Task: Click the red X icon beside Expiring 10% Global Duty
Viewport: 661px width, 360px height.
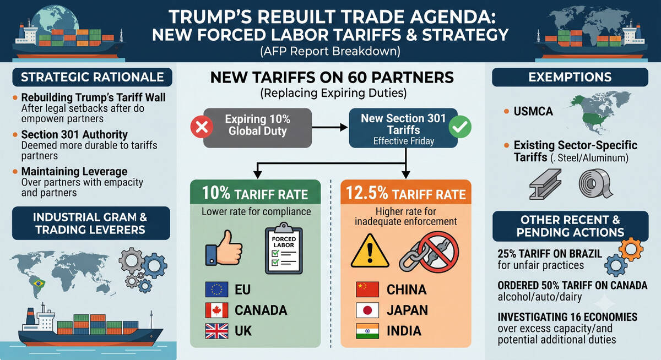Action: tap(202, 127)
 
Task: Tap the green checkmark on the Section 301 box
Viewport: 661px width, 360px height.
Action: tap(460, 127)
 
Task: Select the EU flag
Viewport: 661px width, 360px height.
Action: tap(216, 289)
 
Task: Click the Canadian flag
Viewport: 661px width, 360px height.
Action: tap(216, 310)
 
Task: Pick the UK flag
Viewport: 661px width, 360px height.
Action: tap(216, 331)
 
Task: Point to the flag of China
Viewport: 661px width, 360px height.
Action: tap(367, 289)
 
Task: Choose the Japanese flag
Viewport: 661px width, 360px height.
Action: tap(367, 310)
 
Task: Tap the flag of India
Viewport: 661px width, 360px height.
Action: tap(367, 331)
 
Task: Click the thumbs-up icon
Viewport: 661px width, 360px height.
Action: tap(224, 248)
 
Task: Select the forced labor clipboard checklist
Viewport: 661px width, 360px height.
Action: tap(284, 248)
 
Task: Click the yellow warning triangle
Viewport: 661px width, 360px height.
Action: tap(370, 251)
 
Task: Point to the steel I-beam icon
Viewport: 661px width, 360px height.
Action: tap(545, 184)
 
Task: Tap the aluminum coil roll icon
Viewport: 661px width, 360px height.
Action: tap(595, 183)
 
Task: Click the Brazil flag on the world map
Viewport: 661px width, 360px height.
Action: tap(39, 283)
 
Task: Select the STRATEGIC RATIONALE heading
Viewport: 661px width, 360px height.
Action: tap(93, 77)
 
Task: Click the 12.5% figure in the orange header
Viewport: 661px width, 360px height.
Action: tap(366, 193)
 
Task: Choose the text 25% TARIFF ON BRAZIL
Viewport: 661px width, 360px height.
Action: tap(550, 254)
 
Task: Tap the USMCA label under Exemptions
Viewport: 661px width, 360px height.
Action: tap(533, 111)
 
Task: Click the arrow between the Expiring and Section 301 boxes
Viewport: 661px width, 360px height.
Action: tap(329, 127)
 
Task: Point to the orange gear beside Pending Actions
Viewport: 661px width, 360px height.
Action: tap(631, 249)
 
